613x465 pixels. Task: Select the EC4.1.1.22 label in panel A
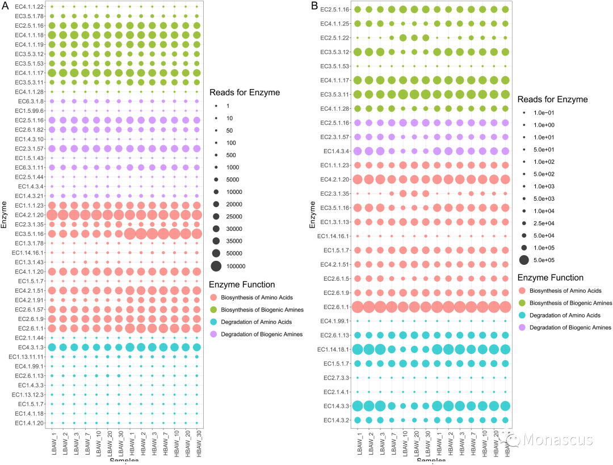[30, 6]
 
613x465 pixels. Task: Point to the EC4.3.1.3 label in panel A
[30, 347]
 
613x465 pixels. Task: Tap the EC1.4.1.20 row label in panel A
[30, 423]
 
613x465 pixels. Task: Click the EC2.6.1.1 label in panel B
[335, 307]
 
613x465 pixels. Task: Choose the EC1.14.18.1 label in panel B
[333, 349]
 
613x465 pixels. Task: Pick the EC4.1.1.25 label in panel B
[335, 24]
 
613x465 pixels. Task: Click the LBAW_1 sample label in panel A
[52, 446]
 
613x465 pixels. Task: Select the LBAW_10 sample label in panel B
[403, 446]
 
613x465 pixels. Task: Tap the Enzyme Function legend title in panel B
[550, 278]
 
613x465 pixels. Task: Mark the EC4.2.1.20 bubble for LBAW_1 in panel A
[52, 214]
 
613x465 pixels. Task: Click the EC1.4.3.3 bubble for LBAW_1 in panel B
[358, 405]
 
